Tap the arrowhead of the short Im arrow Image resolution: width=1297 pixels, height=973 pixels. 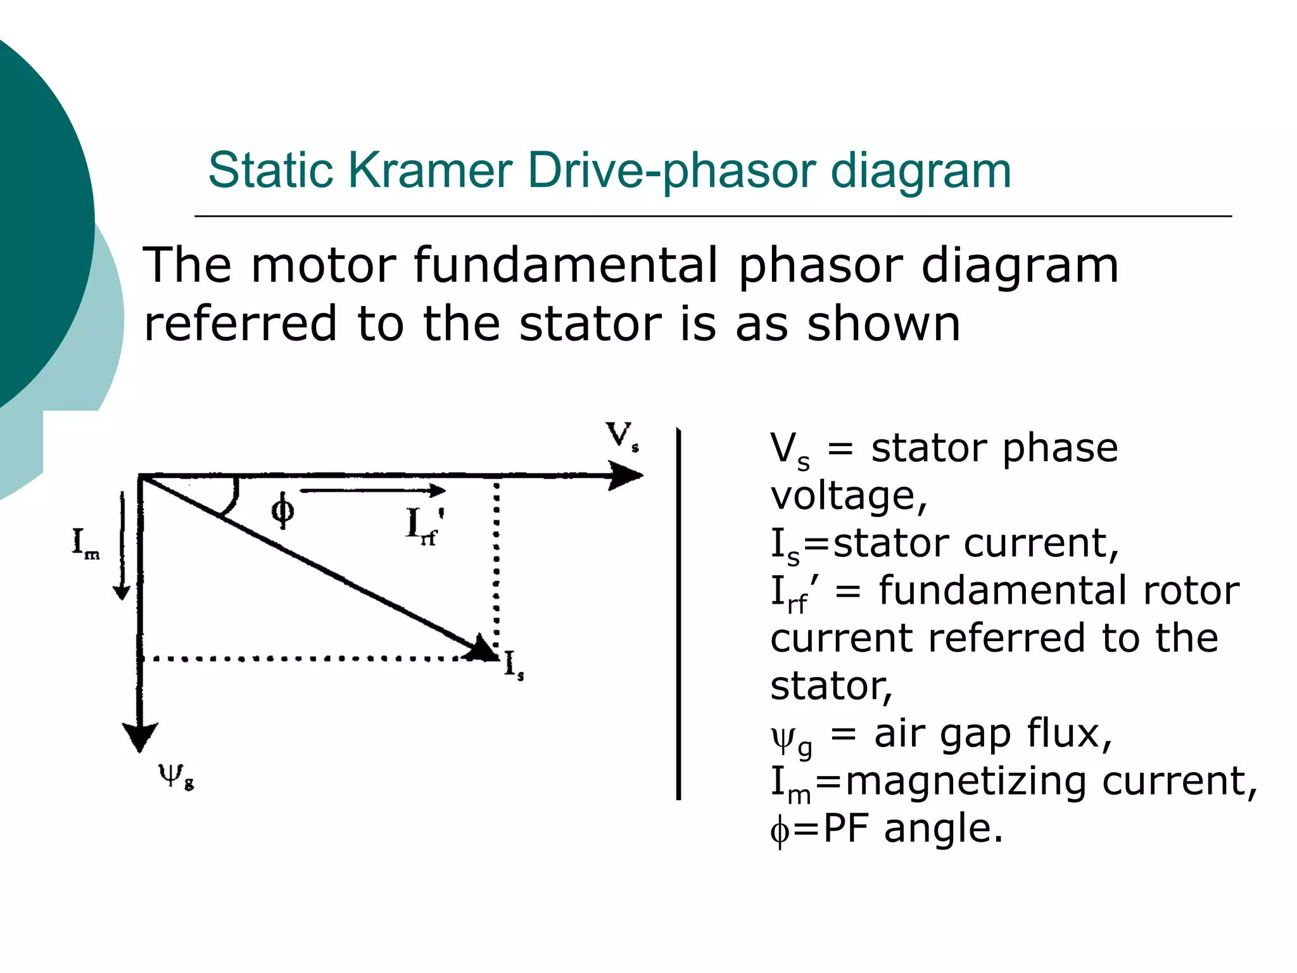(x=122, y=592)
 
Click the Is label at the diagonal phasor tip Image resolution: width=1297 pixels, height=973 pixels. (x=514, y=666)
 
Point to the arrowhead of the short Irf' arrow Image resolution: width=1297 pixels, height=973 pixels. (x=438, y=490)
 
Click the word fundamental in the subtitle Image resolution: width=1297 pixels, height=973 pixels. (x=566, y=265)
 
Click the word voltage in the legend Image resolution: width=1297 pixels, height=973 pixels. (x=847, y=495)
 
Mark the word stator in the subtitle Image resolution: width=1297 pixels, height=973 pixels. (x=589, y=323)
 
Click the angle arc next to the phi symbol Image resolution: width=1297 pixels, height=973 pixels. (x=231, y=500)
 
